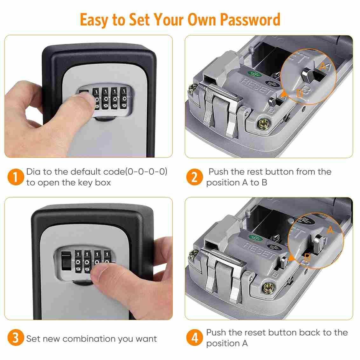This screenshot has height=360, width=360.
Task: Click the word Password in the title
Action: coord(250,20)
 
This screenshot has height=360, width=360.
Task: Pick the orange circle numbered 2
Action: coord(194,177)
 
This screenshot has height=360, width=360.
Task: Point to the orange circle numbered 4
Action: coord(194,337)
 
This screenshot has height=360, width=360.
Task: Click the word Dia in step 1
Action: coord(33,172)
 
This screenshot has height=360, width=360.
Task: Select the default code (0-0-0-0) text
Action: coord(146,172)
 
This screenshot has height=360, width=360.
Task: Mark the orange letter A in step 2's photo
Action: coord(323,67)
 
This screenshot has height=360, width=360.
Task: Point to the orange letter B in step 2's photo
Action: coord(300,93)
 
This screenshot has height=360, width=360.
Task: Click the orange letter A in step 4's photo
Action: coord(330,230)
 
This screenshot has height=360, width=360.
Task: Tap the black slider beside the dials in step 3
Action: coord(66,260)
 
